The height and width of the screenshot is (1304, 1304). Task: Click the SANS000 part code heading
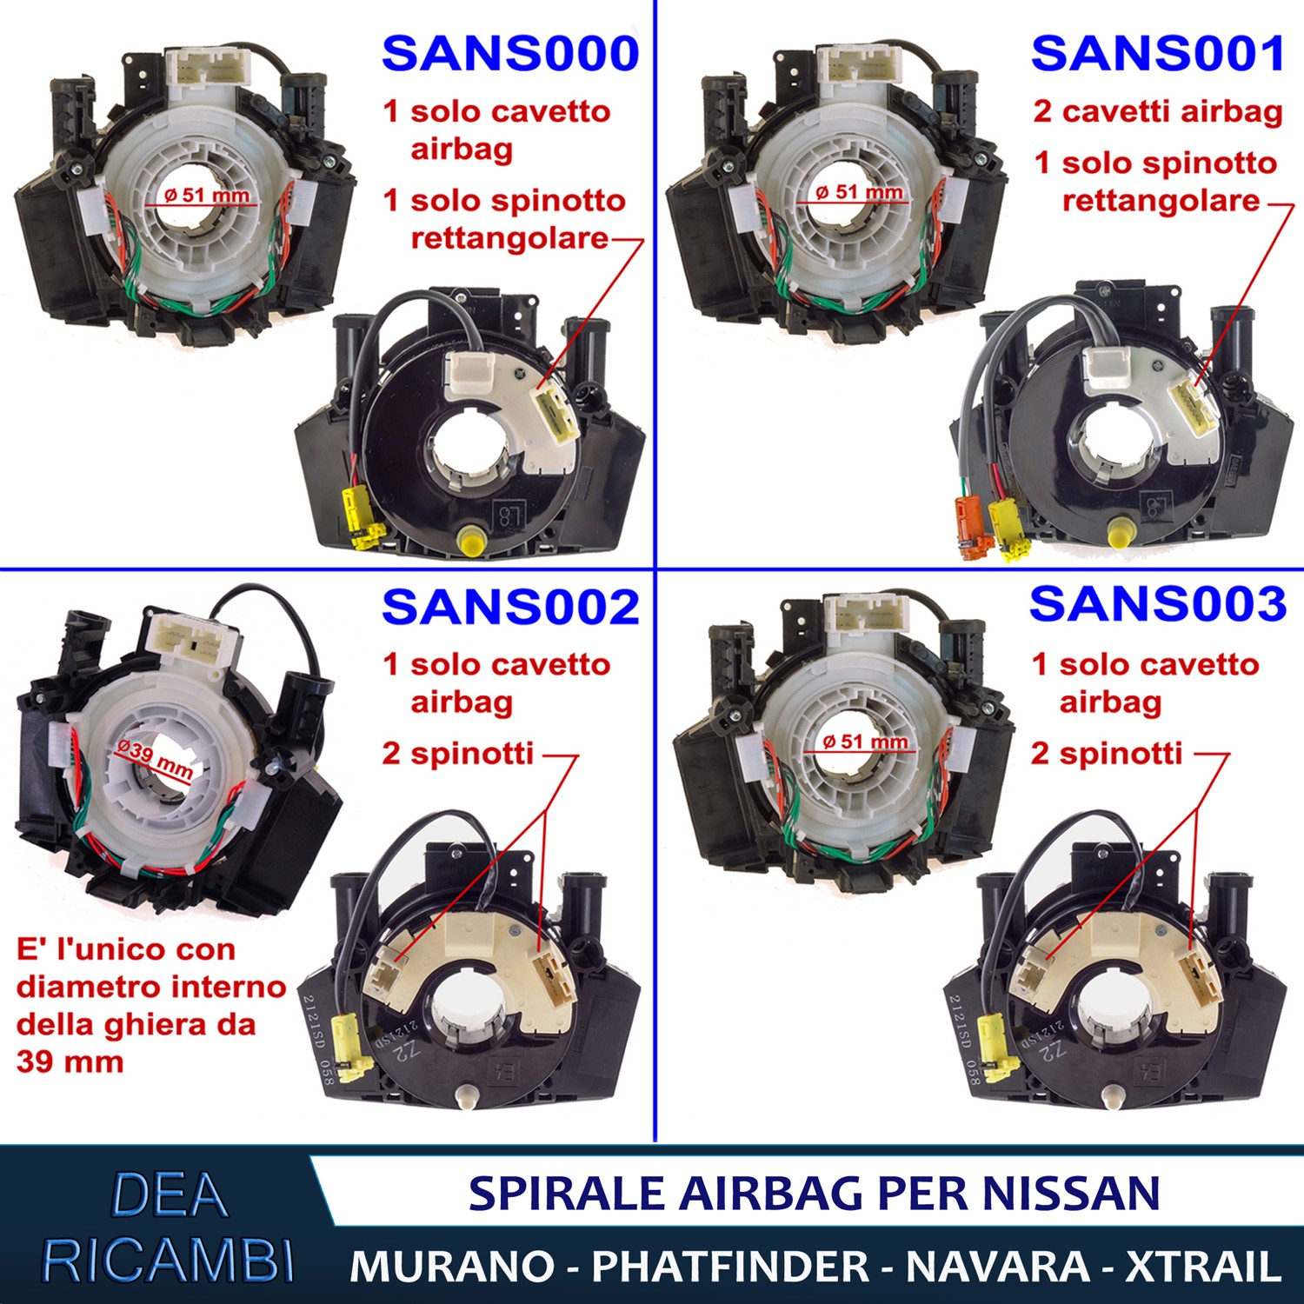point(510,54)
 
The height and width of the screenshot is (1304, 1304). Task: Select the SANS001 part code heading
point(1158,54)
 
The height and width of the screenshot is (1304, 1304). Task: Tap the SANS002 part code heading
point(510,607)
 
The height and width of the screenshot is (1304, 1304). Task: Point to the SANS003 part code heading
point(1158,603)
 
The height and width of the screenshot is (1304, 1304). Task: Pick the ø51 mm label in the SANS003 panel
point(865,742)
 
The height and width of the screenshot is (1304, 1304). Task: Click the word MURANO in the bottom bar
point(452,1266)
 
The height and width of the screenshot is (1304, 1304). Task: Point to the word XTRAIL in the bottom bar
point(1204,1266)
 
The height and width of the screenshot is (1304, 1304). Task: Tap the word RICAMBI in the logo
point(169,1260)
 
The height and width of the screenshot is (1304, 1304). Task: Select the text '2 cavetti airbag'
point(1158,111)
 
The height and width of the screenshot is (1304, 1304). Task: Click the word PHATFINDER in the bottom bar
point(730,1266)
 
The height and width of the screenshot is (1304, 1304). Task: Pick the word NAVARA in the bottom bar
point(998,1266)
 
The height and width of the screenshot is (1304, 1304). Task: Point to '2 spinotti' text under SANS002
point(457,753)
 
